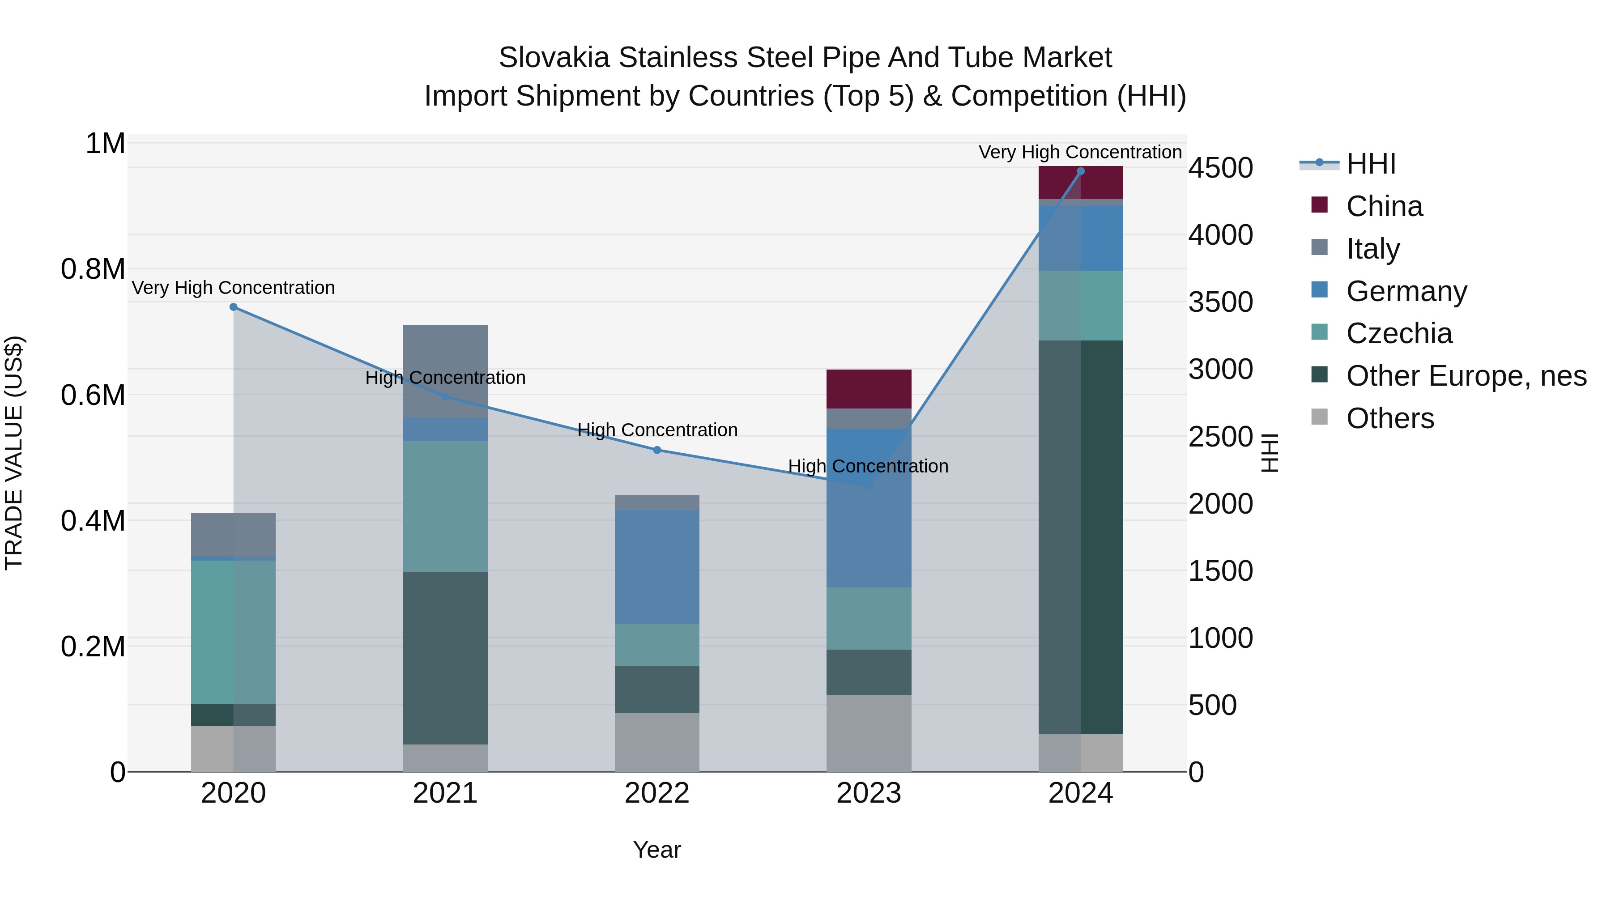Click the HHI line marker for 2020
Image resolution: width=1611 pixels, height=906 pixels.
click(233, 307)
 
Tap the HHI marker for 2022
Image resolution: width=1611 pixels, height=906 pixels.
click(656, 450)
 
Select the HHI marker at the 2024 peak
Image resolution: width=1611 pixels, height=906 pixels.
click(1081, 171)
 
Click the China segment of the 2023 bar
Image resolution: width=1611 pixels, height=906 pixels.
click(869, 389)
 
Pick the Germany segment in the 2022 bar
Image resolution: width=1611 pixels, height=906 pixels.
click(656, 566)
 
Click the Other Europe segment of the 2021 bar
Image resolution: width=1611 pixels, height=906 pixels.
click(445, 658)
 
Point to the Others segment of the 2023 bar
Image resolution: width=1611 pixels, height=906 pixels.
click(869, 733)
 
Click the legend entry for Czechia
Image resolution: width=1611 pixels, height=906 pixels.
click(1399, 333)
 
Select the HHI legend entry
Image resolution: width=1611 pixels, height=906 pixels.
click(1370, 164)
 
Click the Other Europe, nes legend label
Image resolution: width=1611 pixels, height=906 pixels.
click(1466, 376)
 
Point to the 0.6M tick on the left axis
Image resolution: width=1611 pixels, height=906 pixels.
click(93, 395)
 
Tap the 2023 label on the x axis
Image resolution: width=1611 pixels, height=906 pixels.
click(869, 793)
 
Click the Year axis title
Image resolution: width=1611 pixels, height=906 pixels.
click(656, 850)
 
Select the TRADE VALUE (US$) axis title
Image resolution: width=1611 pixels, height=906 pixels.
click(14, 453)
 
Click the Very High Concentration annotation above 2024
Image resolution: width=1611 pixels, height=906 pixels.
click(1080, 152)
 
